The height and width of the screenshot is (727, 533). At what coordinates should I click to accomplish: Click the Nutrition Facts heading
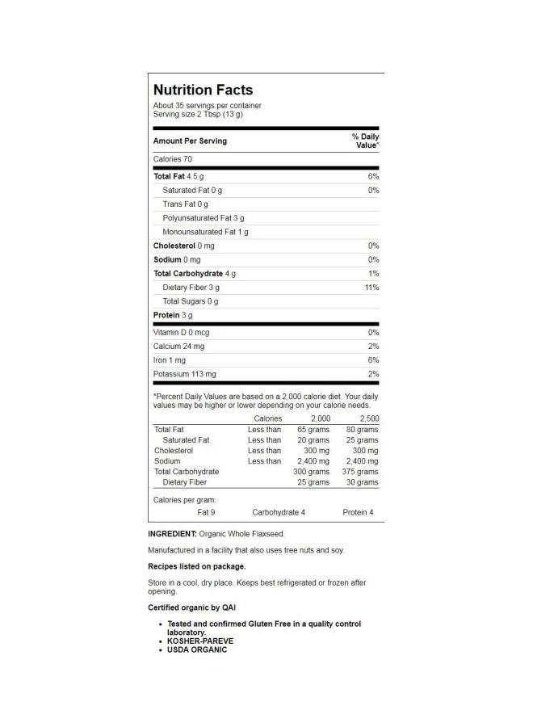coord(203,90)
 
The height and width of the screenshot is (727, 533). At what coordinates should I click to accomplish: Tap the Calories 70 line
coord(173,159)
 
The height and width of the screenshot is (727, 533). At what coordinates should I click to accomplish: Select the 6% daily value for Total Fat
coord(373,176)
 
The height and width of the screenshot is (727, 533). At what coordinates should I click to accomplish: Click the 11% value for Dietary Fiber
coord(371,288)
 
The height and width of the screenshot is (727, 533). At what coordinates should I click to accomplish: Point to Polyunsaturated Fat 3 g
coord(204,218)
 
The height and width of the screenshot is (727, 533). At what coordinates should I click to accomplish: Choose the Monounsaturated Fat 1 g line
coord(205,232)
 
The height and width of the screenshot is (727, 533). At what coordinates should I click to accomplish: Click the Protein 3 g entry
coord(173,315)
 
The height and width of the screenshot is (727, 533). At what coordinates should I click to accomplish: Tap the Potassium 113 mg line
coord(185,374)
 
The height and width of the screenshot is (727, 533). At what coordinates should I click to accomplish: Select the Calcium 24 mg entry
coord(180,347)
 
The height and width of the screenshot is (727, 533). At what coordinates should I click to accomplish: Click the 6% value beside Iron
coord(373,360)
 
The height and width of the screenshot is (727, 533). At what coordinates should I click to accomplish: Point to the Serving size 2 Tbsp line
coord(198,115)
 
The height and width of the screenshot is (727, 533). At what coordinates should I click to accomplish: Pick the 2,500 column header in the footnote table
coord(367,418)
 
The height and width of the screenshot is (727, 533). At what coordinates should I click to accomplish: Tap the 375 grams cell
coord(360,472)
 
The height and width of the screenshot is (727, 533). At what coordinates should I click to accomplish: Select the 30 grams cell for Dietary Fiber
coord(362,482)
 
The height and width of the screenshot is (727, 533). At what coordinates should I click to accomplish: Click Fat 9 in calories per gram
coord(206,512)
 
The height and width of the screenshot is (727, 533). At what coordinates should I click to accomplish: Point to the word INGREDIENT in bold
coord(172,534)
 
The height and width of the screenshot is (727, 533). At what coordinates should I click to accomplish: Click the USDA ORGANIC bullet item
coord(197,649)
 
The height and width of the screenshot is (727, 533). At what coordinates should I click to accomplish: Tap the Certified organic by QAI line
coord(192,607)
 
